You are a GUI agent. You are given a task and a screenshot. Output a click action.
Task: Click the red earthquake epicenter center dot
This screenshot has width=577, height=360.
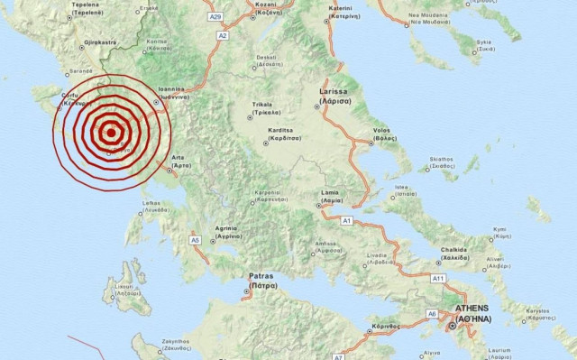[110, 133]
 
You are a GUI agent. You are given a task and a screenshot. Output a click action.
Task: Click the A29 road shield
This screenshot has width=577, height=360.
[215, 16]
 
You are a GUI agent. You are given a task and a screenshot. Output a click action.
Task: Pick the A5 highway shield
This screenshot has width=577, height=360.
[195, 240]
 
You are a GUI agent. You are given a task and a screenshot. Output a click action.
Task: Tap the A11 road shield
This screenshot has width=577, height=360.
[439, 280]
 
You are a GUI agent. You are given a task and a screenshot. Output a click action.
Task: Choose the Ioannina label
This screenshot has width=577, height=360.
[171, 93]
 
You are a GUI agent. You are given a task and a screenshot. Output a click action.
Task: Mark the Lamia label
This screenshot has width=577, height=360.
[332, 197]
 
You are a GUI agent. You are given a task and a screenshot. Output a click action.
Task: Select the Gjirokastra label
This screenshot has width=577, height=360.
[94, 42]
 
